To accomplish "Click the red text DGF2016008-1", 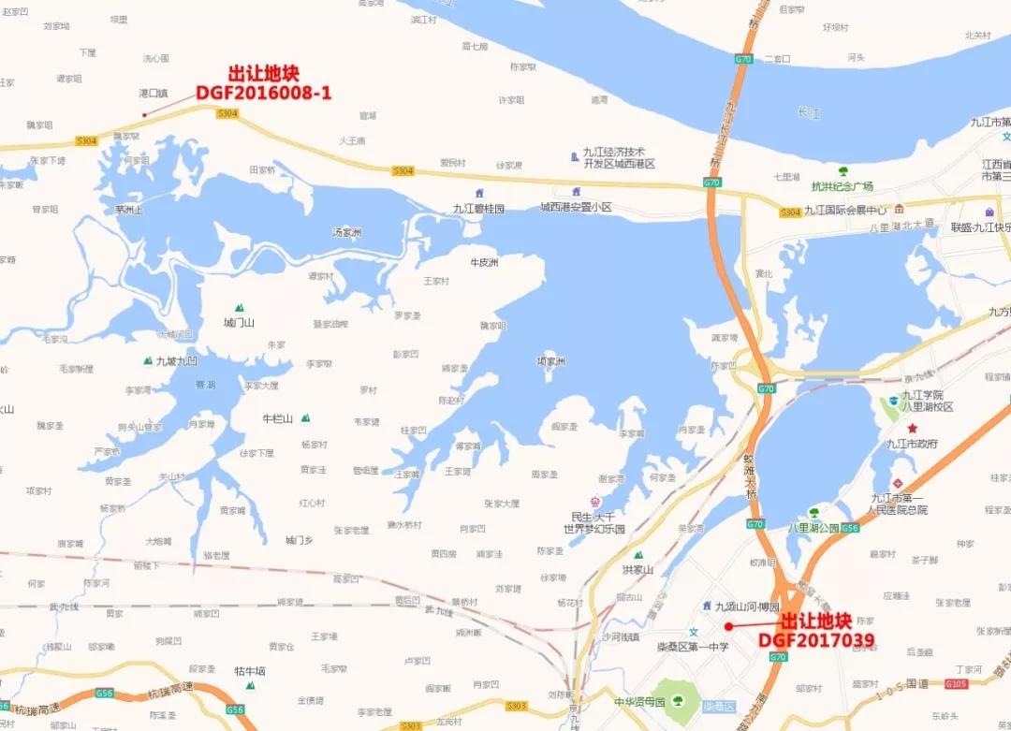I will (263, 93).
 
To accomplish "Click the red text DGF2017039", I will (816, 641).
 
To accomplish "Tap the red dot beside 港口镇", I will (144, 115).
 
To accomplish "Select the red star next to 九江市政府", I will (913, 428).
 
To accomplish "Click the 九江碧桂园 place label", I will (478, 209).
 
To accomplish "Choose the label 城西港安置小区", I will (576, 207).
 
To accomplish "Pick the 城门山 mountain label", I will (239, 322).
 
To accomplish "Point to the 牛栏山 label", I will (277, 418).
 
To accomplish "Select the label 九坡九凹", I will (177, 360).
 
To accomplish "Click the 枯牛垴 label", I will (250, 670).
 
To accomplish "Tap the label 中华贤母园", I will (638, 701).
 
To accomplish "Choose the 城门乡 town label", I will (300, 540).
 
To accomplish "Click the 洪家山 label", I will (637, 569).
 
